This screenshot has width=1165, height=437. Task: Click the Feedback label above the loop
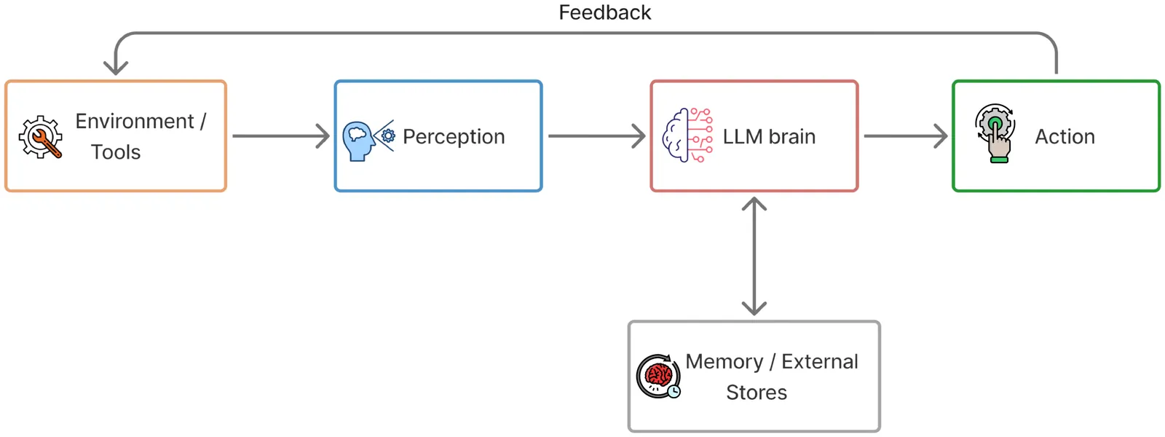pyautogui.click(x=604, y=12)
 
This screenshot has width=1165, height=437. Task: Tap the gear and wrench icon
pyautogui.click(x=41, y=137)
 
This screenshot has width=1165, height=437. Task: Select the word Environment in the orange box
pyautogui.click(x=135, y=121)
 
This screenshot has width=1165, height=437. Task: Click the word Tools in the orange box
pyautogui.click(x=116, y=152)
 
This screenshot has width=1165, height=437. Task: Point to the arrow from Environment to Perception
pyautogui.click(x=280, y=136)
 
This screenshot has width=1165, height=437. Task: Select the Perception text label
pyautogui.click(x=454, y=137)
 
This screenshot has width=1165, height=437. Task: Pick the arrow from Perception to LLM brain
pyautogui.click(x=596, y=136)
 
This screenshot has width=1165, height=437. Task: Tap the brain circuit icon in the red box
pyautogui.click(x=687, y=135)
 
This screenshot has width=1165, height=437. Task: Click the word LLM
pyautogui.click(x=742, y=137)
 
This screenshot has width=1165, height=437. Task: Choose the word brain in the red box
pyautogui.click(x=792, y=137)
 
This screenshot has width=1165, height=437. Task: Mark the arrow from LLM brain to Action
pyautogui.click(x=905, y=136)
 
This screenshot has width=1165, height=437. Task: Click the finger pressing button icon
pyautogui.click(x=995, y=133)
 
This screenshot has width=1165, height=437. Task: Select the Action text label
pyautogui.click(x=1065, y=137)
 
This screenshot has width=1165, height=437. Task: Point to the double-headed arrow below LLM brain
pyautogui.click(x=754, y=256)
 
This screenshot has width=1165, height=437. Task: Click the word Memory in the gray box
pyautogui.click(x=724, y=362)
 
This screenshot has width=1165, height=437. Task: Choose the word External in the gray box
pyautogui.click(x=820, y=362)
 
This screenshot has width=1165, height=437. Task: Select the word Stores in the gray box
pyautogui.click(x=757, y=393)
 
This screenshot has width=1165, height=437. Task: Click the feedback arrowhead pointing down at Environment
pyautogui.click(x=116, y=67)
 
